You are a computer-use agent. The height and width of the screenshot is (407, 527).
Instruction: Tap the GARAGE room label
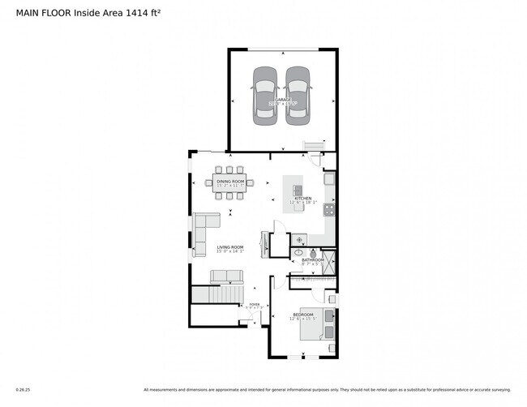click(x=281, y=100)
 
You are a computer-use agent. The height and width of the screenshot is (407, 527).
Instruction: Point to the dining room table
click(x=234, y=183)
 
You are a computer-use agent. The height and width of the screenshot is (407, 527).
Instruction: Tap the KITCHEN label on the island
click(x=303, y=198)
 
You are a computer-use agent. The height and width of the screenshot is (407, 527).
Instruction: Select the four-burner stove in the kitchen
click(x=330, y=209)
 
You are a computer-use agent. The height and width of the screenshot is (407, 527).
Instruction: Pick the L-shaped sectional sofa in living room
click(x=204, y=230)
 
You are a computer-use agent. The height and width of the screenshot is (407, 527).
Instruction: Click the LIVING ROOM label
click(x=229, y=247)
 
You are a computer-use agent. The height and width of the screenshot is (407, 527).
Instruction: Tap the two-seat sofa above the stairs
click(x=226, y=277)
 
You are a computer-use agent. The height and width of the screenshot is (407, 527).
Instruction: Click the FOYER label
click(x=255, y=304)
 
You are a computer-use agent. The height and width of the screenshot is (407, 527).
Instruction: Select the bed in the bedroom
click(x=327, y=324)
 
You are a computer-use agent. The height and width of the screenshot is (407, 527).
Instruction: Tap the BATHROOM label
click(x=313, y=260)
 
